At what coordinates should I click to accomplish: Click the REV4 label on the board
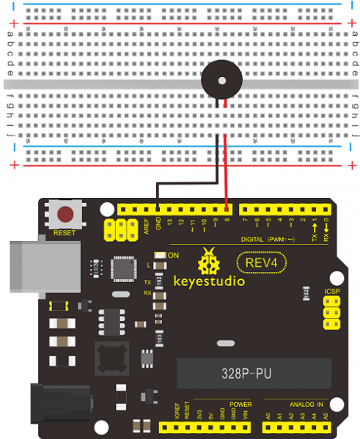point(262,262)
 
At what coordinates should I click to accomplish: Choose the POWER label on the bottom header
point(240,405)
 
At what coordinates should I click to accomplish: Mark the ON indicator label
point(174,255)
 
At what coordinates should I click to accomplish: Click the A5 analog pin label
point(325,415)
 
